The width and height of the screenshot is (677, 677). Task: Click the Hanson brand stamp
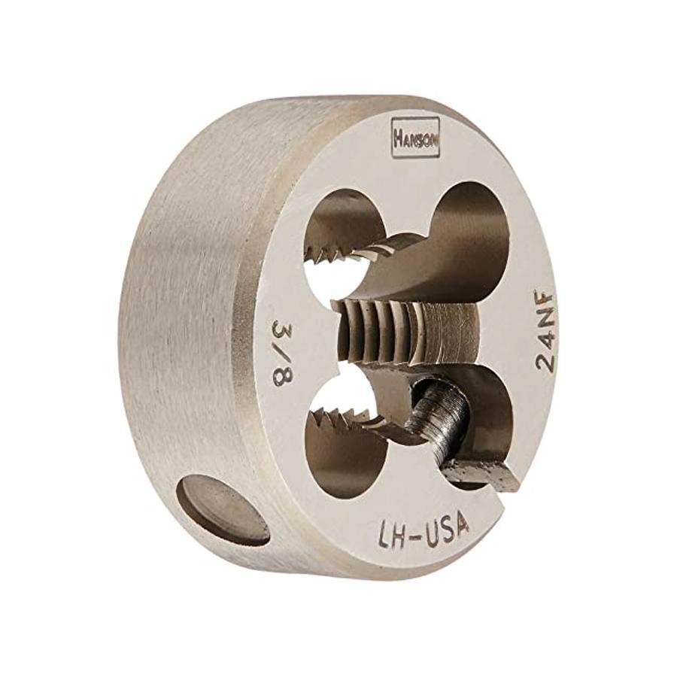(x=415, y=139)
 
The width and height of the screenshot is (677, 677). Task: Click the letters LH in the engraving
(x=390, y=533)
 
